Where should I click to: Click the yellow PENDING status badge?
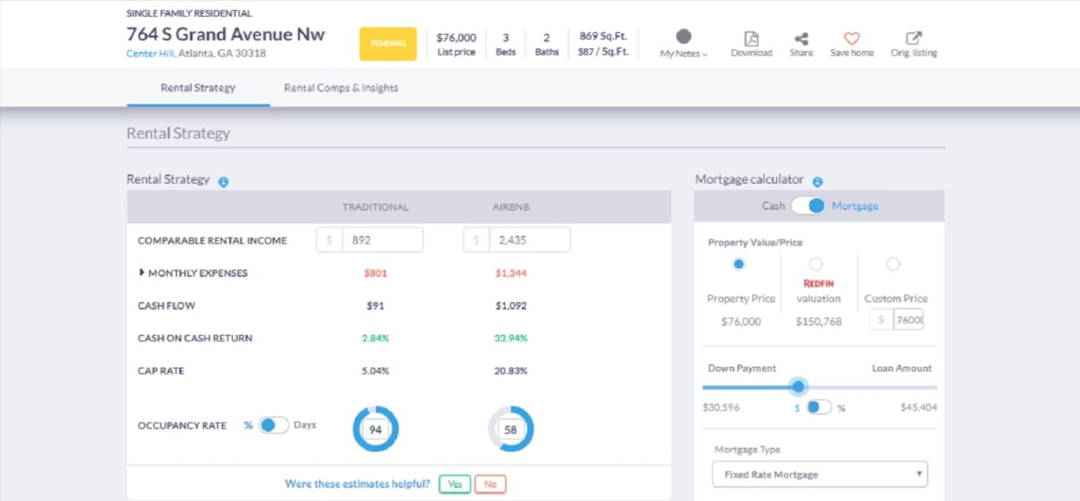point(388,44)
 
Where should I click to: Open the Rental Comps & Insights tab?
point(341,88)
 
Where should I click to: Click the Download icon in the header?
point(751,39)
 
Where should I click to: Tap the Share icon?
point(801,39)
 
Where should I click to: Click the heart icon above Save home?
point(851,39)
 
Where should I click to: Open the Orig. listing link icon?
point(913,39)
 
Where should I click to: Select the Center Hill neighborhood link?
point(150,53)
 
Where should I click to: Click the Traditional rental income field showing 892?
point(382,240)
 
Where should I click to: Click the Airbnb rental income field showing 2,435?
point(529,240)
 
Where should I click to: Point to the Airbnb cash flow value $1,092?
point(510,306)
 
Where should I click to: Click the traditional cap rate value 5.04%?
point(375,370)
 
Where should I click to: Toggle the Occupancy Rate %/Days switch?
point(273,425)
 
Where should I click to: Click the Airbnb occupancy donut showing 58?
point(511,429)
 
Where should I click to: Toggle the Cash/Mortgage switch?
point(807,206)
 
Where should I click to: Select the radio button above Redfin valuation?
point(816,264)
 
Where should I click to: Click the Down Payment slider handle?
point(798,386)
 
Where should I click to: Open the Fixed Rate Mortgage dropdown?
point(820,474)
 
